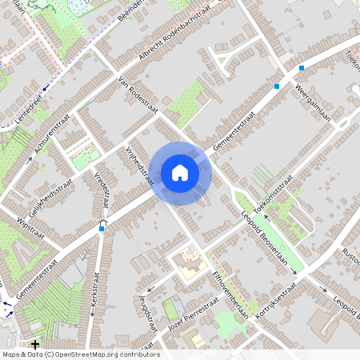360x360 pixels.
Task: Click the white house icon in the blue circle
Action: [179, 173]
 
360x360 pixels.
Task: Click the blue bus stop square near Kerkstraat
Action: [102, 229]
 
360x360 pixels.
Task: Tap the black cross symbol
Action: [35, 344]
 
